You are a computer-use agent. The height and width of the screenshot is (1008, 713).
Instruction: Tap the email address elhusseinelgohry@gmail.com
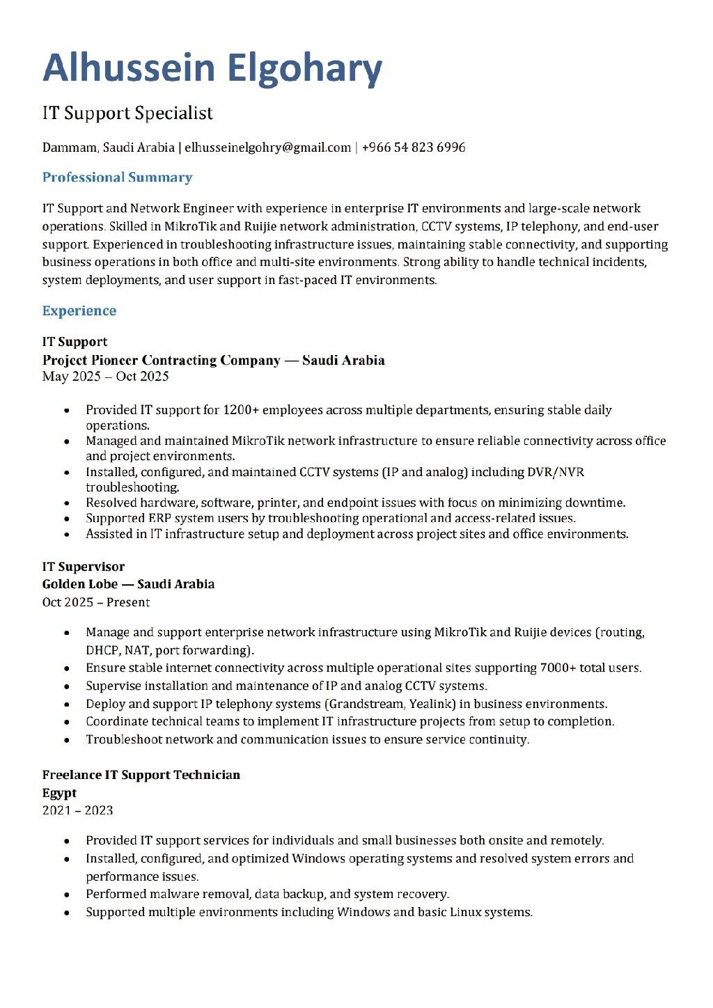pos(268,148)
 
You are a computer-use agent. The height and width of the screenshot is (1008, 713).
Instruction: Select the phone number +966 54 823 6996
pos(414,148)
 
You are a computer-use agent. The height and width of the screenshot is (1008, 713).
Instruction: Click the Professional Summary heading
pos(117,178)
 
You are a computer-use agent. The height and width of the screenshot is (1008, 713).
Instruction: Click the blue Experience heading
pos(79,310)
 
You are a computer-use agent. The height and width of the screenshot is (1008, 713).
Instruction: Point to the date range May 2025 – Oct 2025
pos(105,377)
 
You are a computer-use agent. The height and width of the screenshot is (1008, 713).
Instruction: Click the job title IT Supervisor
pos(84,567)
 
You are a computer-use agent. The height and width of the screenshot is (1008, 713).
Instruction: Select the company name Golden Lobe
pos(79,584)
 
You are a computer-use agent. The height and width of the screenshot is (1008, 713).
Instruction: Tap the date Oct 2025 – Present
pos(96,602)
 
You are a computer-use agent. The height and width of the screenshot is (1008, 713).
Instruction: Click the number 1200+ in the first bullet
pos(241,410)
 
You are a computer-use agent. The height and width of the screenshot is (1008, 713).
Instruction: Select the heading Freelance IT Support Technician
pos(141,775)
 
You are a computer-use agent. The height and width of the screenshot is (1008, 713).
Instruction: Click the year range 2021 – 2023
pos(77,810)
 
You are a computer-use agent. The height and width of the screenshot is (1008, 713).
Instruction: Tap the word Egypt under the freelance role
pos(59,793)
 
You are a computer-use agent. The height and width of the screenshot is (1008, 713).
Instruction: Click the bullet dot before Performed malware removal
pos(66,895)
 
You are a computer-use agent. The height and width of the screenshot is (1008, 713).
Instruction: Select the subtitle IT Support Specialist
pos(127,113)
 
